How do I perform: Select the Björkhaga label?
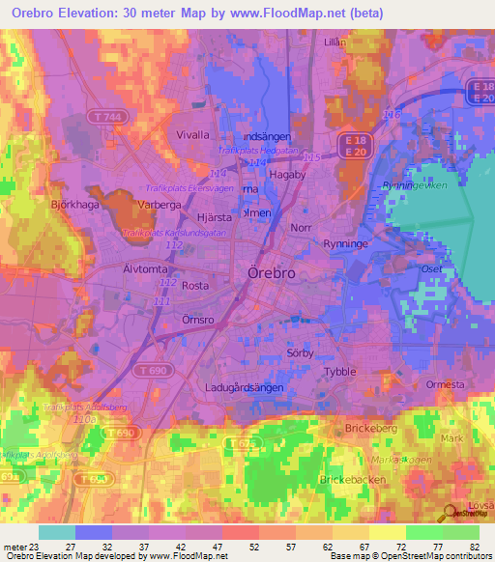(x=72, y=205)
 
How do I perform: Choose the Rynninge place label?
(x=346, y=244)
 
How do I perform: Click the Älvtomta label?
(x=145, y=267)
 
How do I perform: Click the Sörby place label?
(x=303, y=352)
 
